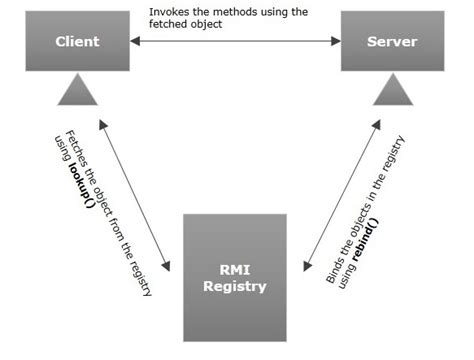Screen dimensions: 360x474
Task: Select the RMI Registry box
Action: pos(234,277)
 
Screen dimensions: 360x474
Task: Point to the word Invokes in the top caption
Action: pos(169,12)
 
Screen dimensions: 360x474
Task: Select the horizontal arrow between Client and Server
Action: pos(235,42)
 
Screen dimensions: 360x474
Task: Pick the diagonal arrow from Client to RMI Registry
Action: pos(135,195)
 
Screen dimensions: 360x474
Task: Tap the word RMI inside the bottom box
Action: pos(234,268)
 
